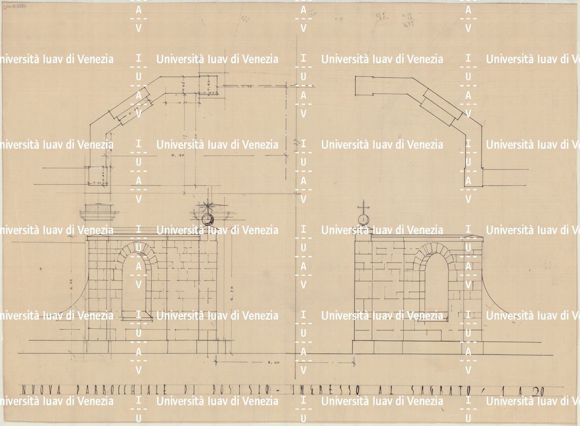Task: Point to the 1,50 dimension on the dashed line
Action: tap(247, 86)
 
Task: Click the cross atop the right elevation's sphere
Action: tap(363, 208)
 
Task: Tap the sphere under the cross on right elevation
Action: tap(363, 220)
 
